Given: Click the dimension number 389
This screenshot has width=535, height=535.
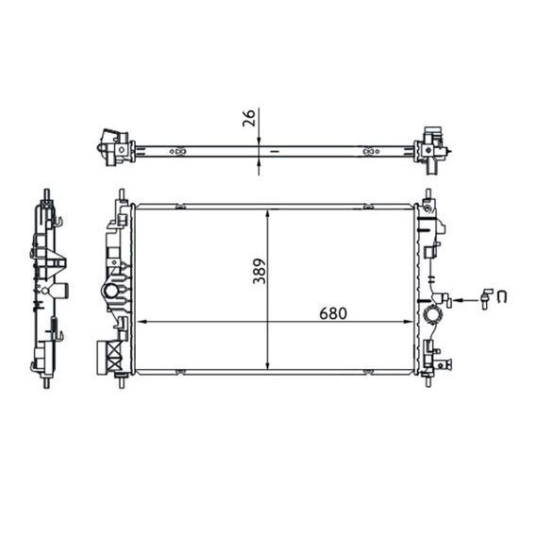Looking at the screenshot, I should [x=259, y=273].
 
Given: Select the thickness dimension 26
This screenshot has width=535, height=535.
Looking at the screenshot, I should [x=249, y=119].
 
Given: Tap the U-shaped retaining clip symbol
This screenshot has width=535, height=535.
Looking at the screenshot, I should [x=503, y=299].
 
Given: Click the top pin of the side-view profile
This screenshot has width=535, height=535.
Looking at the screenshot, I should [x=45, y=194].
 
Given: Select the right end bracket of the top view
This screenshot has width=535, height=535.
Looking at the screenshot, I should [x=431, y=146].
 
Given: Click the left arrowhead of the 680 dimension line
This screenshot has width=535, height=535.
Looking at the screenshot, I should [x=142, y=323].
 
